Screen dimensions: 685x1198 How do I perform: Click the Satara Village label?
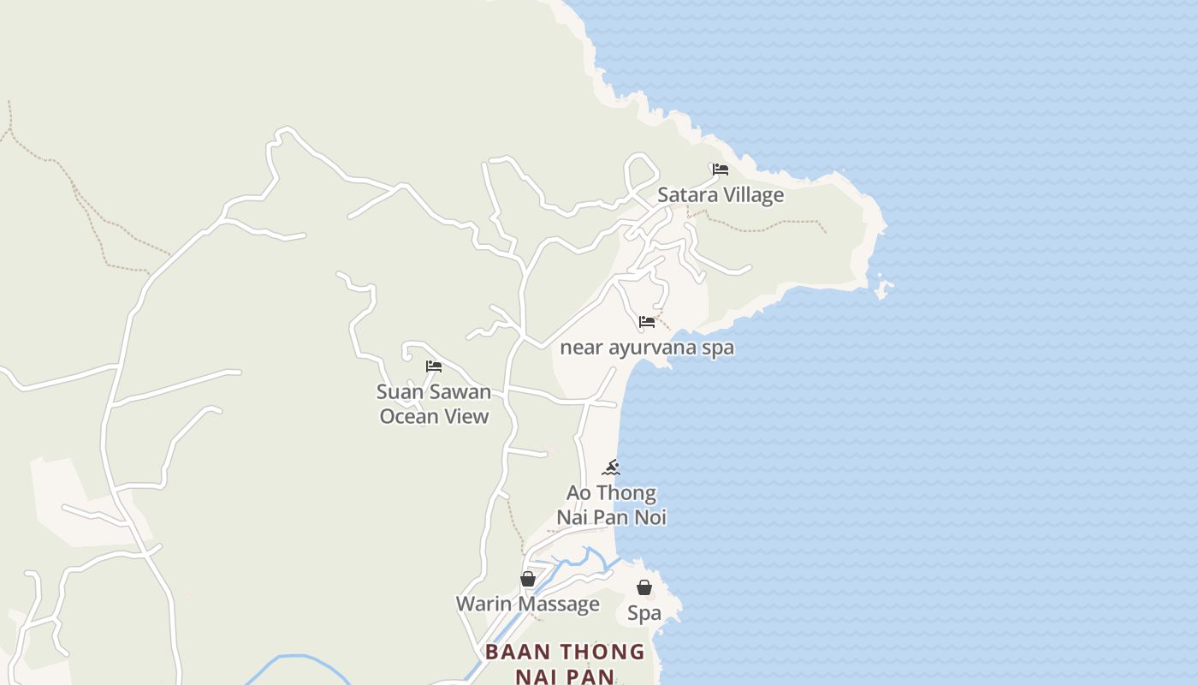(720, 195)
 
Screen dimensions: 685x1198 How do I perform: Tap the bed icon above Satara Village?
(721, 170)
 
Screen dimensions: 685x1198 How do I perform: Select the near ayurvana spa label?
(646, 348)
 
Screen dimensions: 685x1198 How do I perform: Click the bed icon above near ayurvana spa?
(647, 322)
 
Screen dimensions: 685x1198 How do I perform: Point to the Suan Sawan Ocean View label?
(434, 404)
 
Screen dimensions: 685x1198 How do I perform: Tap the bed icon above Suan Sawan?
(434, 366)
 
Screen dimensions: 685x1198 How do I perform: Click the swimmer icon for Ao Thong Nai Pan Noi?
(611, 468)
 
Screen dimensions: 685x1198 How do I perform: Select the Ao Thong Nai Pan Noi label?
(611, 505)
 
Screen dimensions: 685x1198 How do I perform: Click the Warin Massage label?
(527, 604)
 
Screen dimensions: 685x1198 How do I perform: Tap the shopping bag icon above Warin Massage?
(528, 579)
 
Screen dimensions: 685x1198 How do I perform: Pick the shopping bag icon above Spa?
(644, 587)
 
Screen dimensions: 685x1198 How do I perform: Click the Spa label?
(644, 613)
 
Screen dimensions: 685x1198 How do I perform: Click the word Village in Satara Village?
(750, 195)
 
